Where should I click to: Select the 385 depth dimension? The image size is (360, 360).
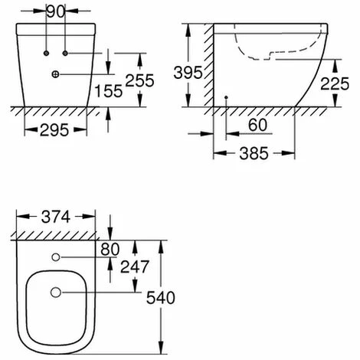254,154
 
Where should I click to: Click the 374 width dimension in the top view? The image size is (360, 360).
55,218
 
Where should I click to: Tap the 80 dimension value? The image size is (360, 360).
110,249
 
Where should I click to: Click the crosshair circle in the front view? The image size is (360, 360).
55,74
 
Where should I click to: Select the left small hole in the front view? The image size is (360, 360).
47,53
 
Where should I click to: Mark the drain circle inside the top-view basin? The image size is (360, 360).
55,293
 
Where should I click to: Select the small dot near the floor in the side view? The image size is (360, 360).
227,97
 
